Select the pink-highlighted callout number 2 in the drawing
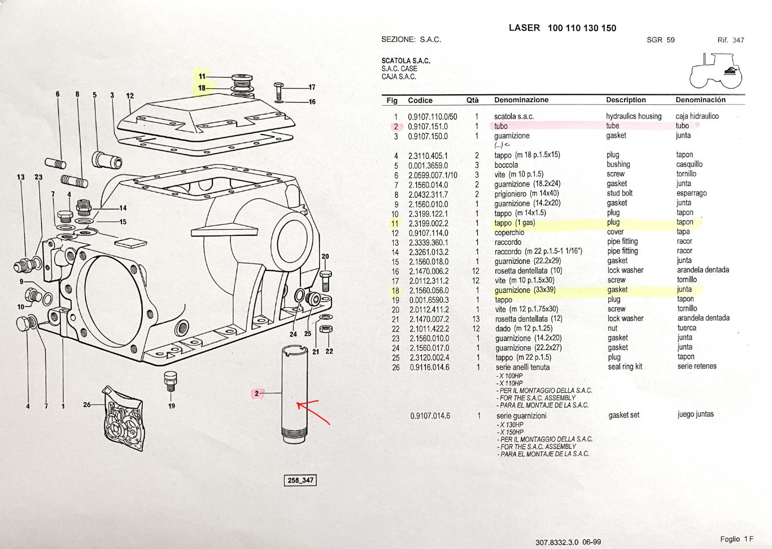(256, 394)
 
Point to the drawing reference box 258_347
(300, 480)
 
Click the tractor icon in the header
(717, 71)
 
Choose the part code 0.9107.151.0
(428, 127)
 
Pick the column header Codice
(420, 101)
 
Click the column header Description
(626, 100)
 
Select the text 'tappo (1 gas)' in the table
(514, 223)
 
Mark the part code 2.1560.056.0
(429, 290)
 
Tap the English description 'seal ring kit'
(625, 367)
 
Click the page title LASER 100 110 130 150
(562, 28)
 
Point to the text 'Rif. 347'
(731, 40)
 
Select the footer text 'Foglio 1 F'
(736, 539)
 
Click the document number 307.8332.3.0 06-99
(568, 542)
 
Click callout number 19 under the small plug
(172, 406)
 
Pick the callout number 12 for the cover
(130, 96)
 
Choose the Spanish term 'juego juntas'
(695, 414)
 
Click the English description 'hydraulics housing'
(634, 116)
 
